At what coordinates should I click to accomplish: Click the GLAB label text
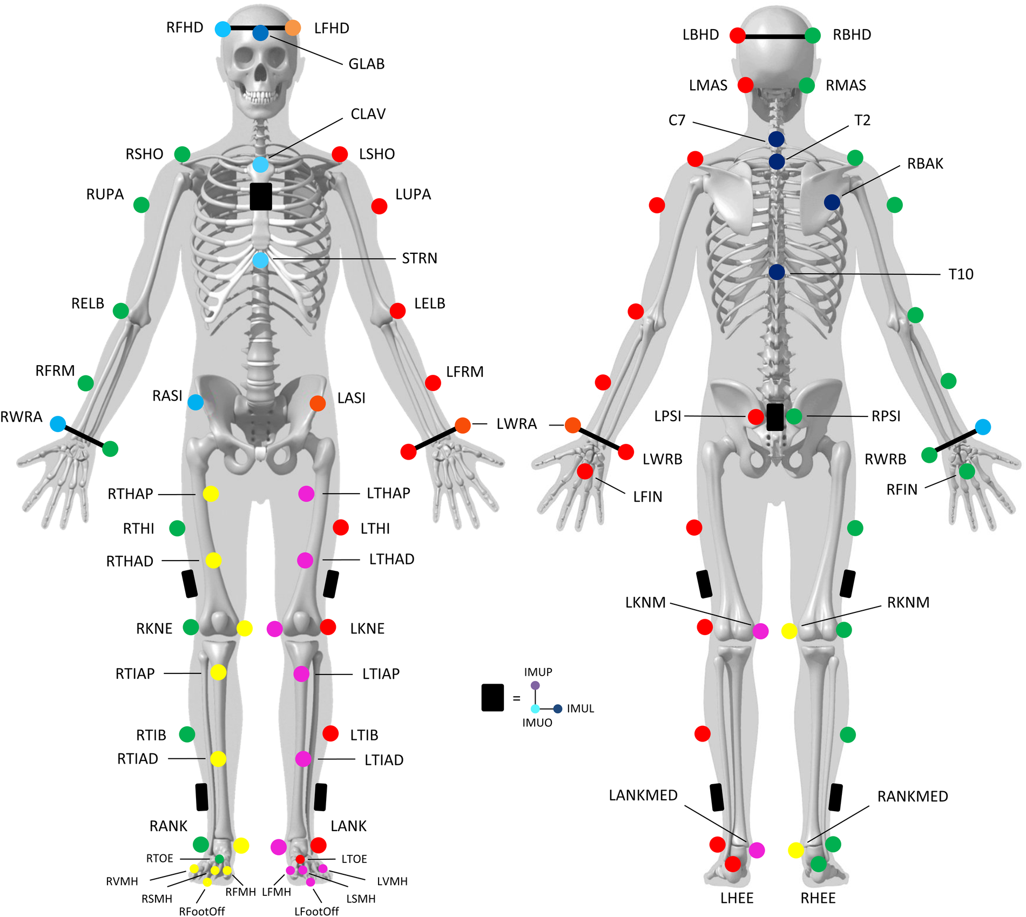point(366,64)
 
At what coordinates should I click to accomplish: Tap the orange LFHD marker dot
point(293,28)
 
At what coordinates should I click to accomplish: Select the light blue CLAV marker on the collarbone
point(260,164)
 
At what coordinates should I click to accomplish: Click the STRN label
point(420,258)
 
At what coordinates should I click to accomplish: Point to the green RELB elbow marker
point(121,311)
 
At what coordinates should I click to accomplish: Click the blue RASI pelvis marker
point(195,402)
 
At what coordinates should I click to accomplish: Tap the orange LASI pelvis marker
point(318,403)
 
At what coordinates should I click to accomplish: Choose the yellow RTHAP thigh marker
point(211,493)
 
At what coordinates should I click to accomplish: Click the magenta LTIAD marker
point(303,759)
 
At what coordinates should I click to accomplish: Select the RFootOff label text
point(202,911)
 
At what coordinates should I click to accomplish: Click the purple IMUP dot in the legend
point(535,685)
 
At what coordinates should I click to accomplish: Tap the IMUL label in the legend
point(580,709)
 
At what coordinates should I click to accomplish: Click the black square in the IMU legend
point(492,697)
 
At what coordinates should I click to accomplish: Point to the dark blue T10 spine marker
point(777,272)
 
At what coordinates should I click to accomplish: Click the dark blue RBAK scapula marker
point(832,202)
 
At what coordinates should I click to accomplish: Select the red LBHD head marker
point(738,35)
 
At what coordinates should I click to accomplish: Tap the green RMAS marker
point(807,85)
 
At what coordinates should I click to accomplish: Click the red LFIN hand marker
point(585,471)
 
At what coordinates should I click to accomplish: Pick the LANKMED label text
point(643,795)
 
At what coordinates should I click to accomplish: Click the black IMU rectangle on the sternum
point(261,196)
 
